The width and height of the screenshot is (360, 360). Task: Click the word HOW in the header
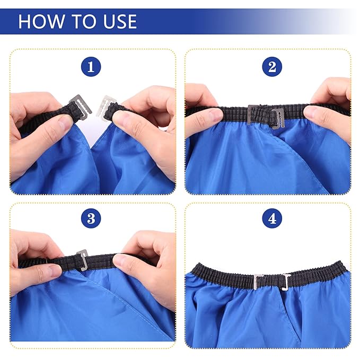coord(41,21)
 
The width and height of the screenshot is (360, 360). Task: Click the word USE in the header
coord(120,21)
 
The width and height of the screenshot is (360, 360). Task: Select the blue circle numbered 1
coord(91,67)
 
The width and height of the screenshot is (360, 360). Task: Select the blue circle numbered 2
coord(272,67)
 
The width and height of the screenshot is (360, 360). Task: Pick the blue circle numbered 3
coord(91,218)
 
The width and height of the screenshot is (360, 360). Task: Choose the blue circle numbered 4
coord(272,218)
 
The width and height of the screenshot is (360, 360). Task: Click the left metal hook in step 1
coord(81,106)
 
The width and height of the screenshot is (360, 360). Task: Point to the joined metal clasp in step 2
coord(266,117)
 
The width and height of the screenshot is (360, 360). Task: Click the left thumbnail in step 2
coord(214,115)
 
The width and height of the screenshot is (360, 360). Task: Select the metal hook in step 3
coord(83,260)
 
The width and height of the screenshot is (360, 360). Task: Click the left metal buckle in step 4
coord(258,282)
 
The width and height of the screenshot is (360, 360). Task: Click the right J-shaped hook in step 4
coord(286,283)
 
